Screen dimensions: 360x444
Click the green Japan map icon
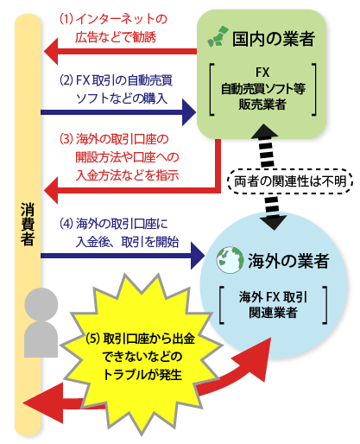[218, 36]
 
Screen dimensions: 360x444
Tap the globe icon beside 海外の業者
[230, 260]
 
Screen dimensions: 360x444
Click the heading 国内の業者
[274, 39]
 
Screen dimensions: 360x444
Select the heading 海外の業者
[288, 261]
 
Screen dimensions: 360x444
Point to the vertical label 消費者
[28, 224]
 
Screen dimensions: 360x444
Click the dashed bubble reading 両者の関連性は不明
[290, 181]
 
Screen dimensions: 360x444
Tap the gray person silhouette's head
[41, 304]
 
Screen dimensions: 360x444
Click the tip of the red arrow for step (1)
[44, 52]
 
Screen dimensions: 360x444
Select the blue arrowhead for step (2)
[189, 112]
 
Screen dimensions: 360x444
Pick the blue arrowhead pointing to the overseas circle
[198, 256]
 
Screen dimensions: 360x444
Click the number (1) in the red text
[66, 19]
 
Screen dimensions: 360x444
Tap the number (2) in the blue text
[66, 79]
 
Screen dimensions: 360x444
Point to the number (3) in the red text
[66, 139]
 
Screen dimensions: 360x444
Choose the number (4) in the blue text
[66, 224]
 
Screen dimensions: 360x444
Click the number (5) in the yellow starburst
[92, 339]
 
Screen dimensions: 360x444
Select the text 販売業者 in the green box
[262, 105]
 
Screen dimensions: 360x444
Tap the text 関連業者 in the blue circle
[273, 313]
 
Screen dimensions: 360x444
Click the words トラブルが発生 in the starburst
[142, 375]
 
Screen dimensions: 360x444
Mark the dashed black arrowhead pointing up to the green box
[264, 131]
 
